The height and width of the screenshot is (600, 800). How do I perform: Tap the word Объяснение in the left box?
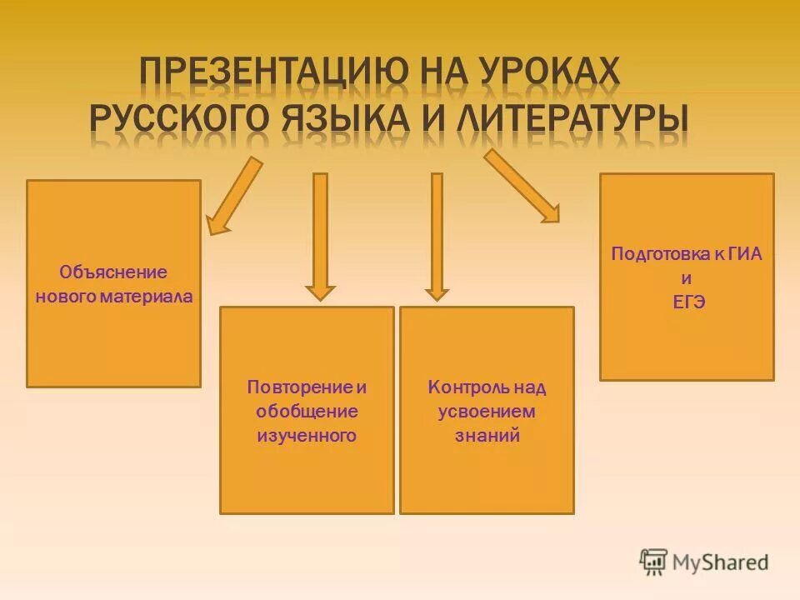pos(113,272)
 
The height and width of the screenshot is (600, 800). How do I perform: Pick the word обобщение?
pos(307,411)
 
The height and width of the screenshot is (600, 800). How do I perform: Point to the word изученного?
pos(307,435)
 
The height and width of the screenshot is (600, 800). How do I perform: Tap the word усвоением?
pos(487,411)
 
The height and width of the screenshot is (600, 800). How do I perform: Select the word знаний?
pos(487,435)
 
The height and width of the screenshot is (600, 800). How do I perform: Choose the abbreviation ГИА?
pos(745,254)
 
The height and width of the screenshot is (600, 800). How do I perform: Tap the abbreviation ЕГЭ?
pos(687,302)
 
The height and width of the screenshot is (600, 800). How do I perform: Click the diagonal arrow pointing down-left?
pos(233,197)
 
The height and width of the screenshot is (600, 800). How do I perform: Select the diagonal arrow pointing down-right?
pos(522,186)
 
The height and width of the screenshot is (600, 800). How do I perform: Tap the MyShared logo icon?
pos(653,562)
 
